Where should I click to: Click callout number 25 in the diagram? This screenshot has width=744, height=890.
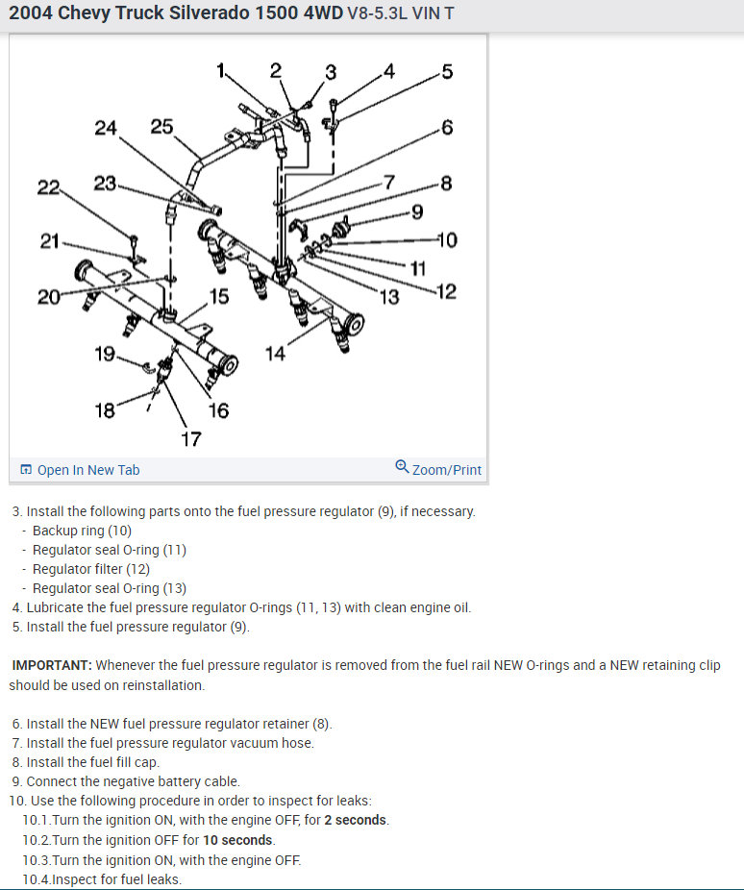[x=162, y=126]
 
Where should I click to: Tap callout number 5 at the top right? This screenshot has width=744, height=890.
[x=446, y=71]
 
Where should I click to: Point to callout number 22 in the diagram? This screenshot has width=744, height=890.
[x=48, y=187]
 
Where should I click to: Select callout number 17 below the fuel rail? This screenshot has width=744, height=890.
[x=191, y=438]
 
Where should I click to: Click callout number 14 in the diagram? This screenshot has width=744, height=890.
[x=276, y=354]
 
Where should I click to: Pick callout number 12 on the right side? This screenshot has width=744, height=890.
[x=446, y=291]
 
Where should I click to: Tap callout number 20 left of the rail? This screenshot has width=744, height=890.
[x=49, y=297]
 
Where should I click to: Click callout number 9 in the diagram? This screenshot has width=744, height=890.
[x=416, y=211]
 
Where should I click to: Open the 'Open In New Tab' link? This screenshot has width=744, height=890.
[x=87, y=470]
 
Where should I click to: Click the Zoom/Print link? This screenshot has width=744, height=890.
[x=447, y=470]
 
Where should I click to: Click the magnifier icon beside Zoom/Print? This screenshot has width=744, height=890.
[x=402, y=467]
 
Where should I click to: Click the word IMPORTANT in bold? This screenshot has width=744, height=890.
[x=52, y=665]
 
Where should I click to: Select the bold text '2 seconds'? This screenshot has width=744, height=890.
[x=356, y=820]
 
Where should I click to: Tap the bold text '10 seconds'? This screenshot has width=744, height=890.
[x=238, y=840]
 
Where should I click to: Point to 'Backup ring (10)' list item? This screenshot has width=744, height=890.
[x=82, y=531]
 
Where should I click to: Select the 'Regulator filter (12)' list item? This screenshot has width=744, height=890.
[x=91, y=569]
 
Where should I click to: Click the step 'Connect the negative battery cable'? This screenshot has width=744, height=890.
[x=133, y=781]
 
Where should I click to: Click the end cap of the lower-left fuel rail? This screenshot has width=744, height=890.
[x=226, y=366]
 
